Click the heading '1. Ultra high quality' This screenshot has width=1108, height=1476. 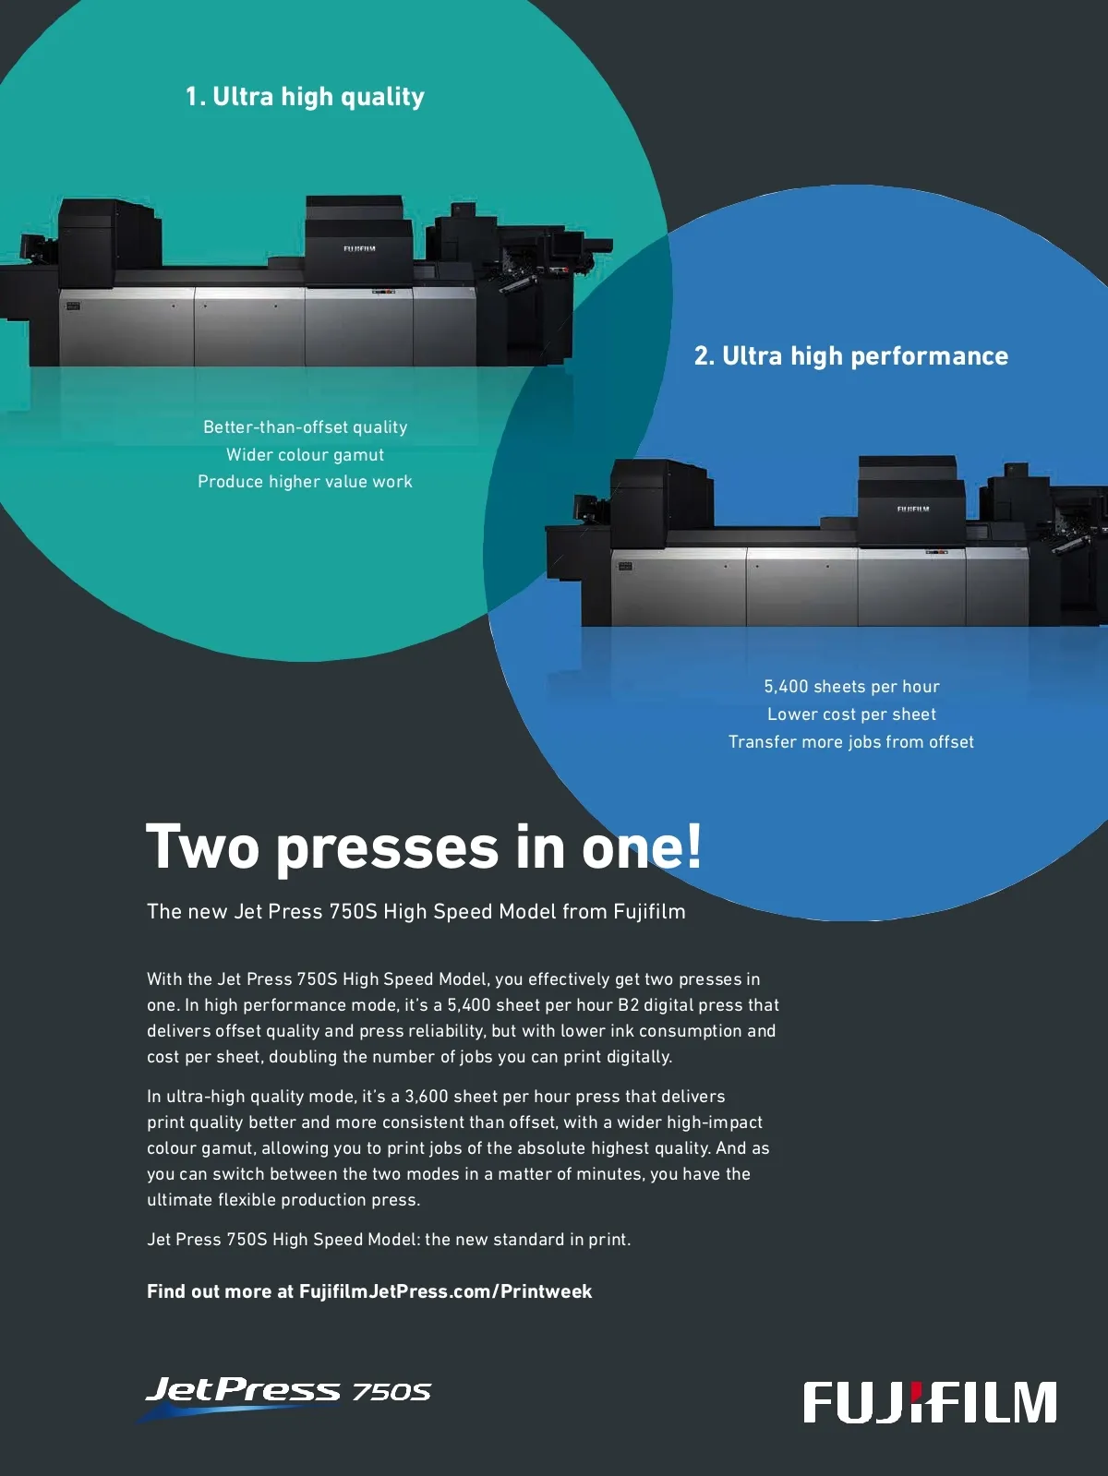click(305, 97)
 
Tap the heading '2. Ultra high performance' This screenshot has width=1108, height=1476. click(850, 356)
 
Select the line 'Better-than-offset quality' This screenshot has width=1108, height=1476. click(305, 427)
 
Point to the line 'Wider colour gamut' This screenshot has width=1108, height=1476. click(305, 455)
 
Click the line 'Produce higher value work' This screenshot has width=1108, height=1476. click(305, 482)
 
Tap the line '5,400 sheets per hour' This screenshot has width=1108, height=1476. click(851, 687)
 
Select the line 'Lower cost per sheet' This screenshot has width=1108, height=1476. click(851, 714)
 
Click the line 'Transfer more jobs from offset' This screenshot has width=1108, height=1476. click(850, 742)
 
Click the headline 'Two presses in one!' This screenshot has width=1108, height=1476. click(423, 847)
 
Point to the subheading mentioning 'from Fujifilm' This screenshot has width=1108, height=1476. click(415, 912)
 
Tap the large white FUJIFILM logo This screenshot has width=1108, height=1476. click(930, 1403)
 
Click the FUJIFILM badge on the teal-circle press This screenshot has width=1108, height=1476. click(359, 248)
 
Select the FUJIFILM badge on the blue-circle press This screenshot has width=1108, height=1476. click(912, 509)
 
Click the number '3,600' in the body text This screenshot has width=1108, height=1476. click(427, 1097)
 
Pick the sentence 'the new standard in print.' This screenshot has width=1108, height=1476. click(528, 1240)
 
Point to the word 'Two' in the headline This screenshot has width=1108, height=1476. click(202, 847)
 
